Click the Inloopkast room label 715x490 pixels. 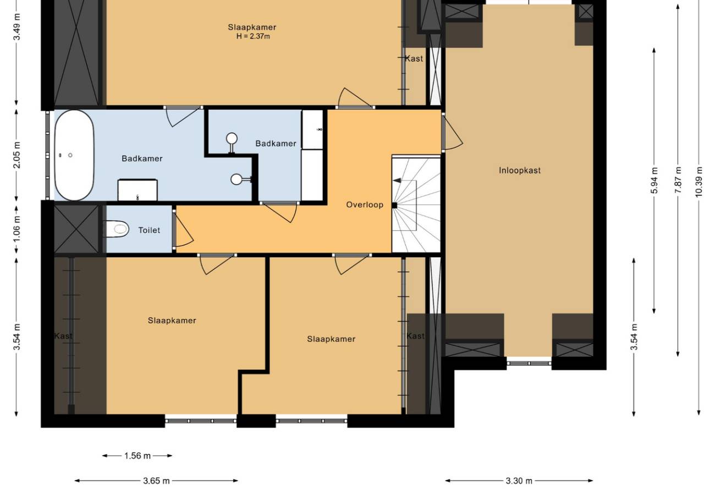520,170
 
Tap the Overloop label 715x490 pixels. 365,204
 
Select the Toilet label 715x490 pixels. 149,230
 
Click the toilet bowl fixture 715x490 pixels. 117,228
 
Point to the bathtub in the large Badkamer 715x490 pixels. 74,155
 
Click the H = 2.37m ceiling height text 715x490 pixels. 253,36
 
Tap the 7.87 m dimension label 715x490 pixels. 678,180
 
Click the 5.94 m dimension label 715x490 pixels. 654,181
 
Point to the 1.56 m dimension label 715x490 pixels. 137,456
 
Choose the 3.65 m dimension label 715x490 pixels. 156,481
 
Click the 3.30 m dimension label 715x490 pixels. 519,481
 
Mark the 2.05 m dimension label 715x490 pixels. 17,155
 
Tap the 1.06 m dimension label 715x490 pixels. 17,229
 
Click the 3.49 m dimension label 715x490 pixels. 17,27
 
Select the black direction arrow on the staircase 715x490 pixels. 397,181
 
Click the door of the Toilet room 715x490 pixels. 183,229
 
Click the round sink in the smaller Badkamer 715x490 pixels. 232,139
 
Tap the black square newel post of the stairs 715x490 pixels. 394,205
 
